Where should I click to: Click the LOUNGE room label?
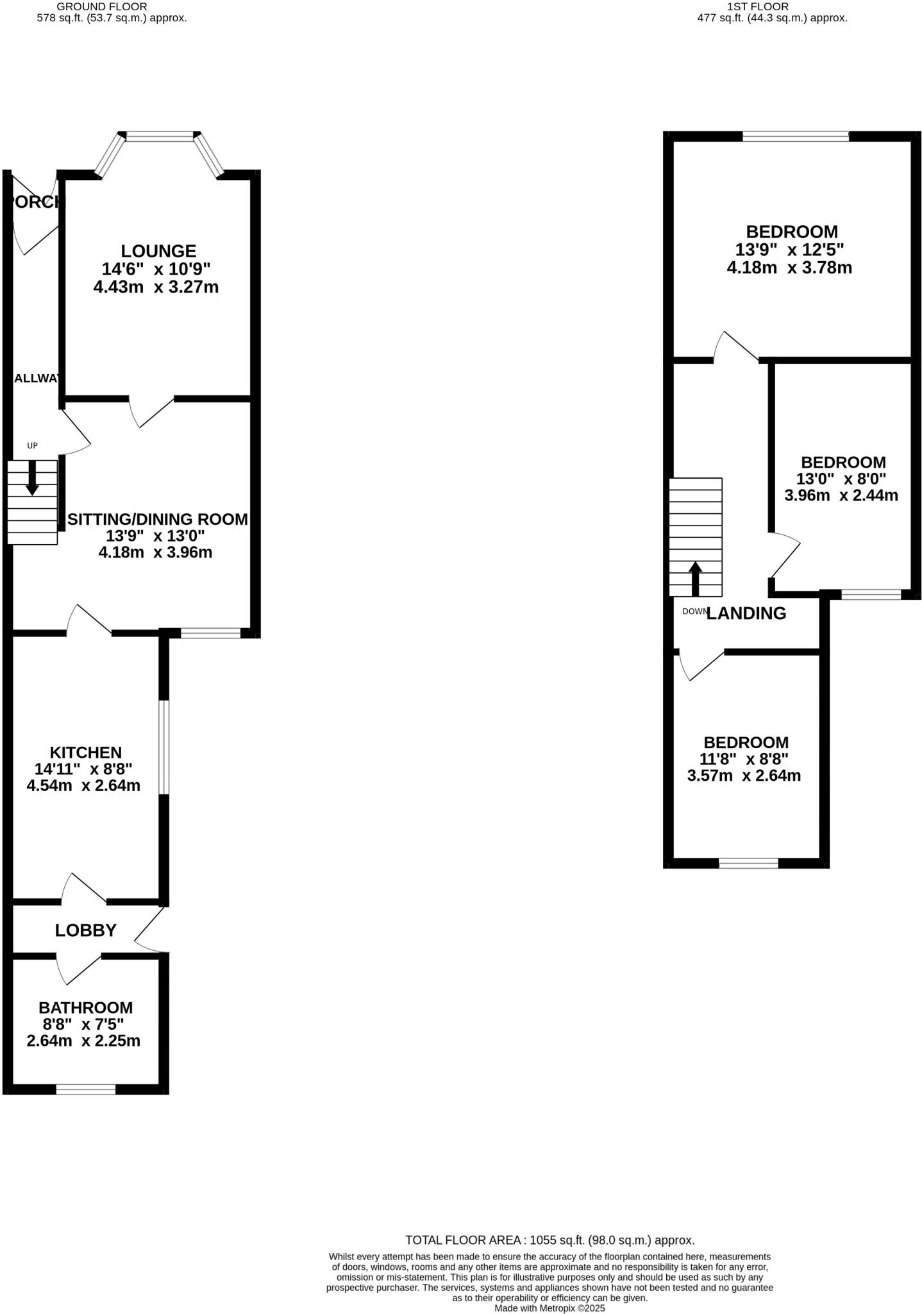click(158, 251)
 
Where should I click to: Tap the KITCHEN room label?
click(86, 752)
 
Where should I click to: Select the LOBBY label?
click(85, 930)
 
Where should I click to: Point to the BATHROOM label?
click(85, 1007)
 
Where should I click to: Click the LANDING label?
click(746, 613)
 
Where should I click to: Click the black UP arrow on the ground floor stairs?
click(32, 479)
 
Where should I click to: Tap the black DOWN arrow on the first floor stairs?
click(695, 579)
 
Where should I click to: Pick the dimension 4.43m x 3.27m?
click(156, 287)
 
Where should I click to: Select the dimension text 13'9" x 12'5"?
click(789, 250)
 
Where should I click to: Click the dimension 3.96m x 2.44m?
click(841, 495)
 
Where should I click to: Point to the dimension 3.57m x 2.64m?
click(744, 776)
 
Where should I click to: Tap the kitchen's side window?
click(164, 747)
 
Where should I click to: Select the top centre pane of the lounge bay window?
click(160, 136)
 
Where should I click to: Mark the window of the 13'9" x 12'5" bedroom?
click(795, 136)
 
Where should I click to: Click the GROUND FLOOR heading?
click(101, 6)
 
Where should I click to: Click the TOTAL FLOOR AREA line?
click(549, 1240)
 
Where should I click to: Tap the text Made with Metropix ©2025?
click(549, 1308)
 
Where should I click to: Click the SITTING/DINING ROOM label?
click(158, 519)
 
